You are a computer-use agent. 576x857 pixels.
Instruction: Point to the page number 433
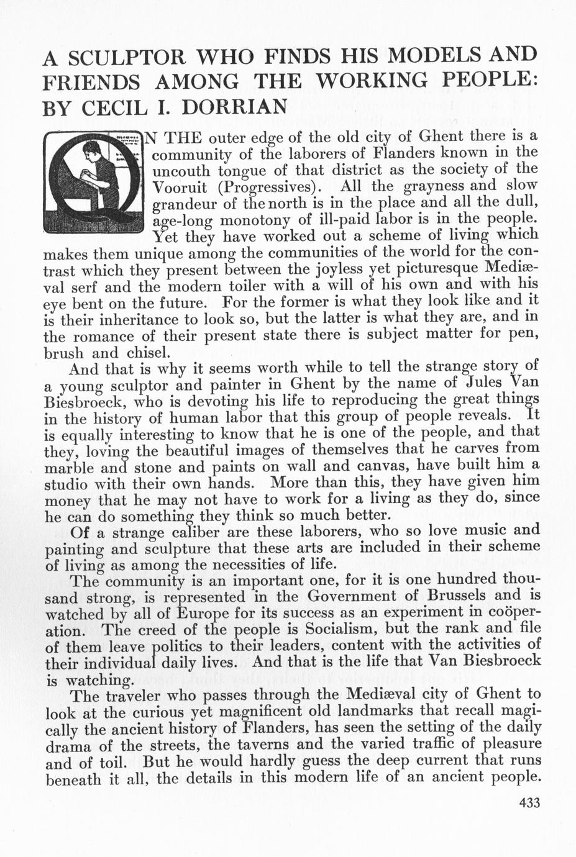click(x=529, y=803)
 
